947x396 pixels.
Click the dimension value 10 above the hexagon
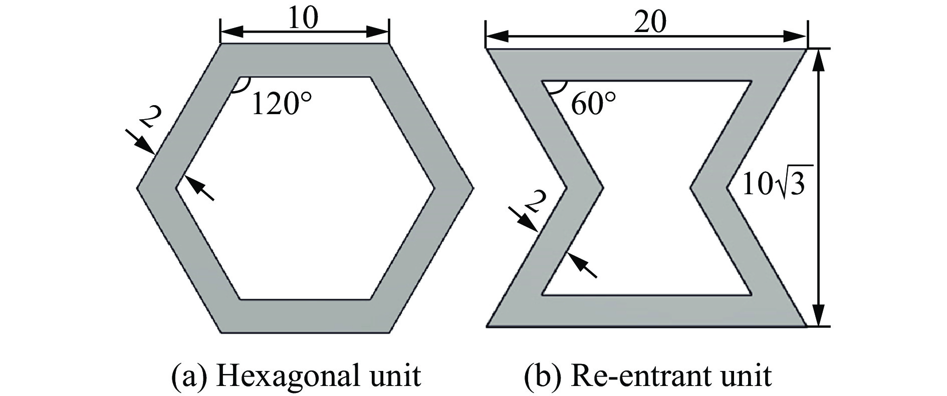(x=303, y=20)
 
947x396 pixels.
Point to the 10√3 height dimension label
(x=773, y=184)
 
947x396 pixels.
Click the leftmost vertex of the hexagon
(x=137, y=188)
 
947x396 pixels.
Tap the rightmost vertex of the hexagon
(x=472, y=188)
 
